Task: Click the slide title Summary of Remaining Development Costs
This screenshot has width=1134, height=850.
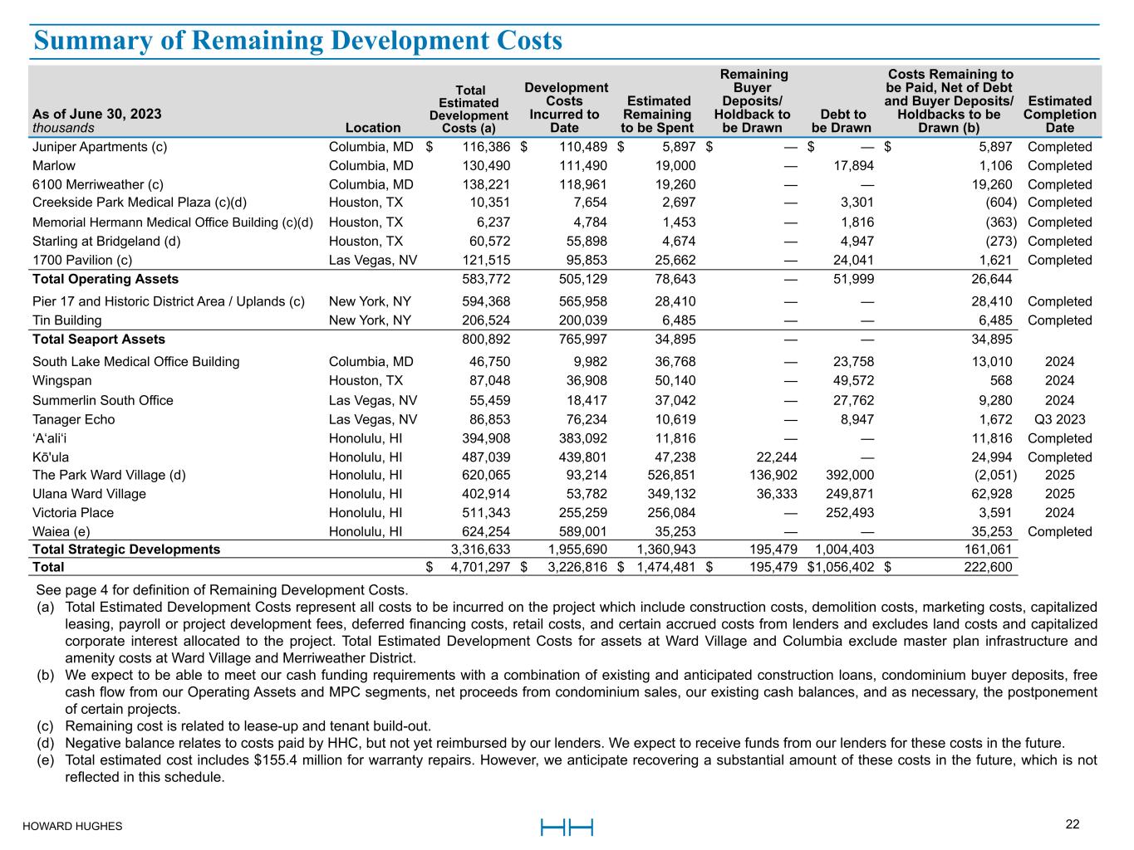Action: pyautogui.click(x=298, y=41)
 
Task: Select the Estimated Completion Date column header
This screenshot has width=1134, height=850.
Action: pyautogui.click(x=1059, y=115)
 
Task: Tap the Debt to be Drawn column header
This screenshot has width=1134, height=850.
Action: pyautogui.click(x=842, y=121)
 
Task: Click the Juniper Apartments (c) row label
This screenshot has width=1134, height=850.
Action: pyautogui.click(x=100, y=147)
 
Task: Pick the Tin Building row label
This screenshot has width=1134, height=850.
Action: pyautogui.click(x=67, y=320)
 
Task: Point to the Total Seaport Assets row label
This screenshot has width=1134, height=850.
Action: pyautogui.click(x=99, y=339)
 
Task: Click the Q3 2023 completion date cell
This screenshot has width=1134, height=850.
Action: pyautogui.click(x=1059, y=419)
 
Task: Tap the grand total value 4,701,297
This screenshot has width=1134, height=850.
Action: pyautogui.click(x=480, y=568)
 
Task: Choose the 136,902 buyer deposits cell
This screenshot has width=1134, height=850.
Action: pyautogui.click(x=769, y=476)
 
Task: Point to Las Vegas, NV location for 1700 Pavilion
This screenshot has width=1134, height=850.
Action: pyautogui.click(x=373, y=260)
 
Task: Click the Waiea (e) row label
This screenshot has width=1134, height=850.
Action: pyautogui.click(x=61, y=532)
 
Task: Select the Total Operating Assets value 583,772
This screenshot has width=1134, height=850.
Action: pyautogui.click(x=486, y=279)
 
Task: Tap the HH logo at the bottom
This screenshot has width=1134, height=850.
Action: pyautogui.click(x=567, y=827)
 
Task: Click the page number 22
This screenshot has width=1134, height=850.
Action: pyautogui.click(x=1073, y=824)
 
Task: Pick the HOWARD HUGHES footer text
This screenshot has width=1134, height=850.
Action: pyautogui.click(x=72, y=827)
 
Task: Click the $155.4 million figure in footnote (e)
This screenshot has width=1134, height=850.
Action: pyautogui.click(x=290, y=760)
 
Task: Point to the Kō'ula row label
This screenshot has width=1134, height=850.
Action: pyautogui.click(x=52, y=457)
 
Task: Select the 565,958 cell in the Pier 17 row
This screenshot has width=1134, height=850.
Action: pyautogui.click(x=577, y=301)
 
